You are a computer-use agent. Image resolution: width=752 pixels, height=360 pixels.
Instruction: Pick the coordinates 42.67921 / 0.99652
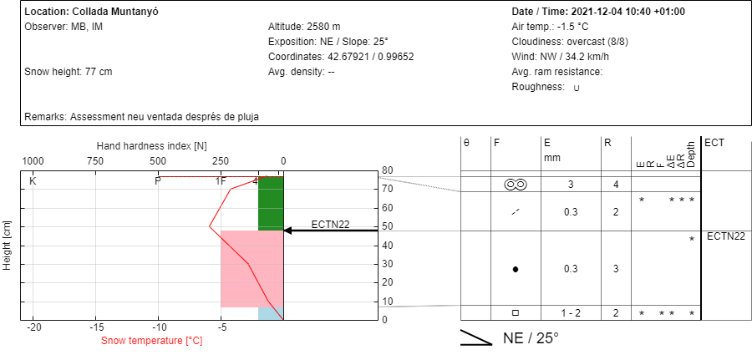point(370,57)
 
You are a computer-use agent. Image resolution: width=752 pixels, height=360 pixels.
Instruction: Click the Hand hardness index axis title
point(151,145)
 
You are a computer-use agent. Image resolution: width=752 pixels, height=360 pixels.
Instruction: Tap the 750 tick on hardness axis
point(95,160)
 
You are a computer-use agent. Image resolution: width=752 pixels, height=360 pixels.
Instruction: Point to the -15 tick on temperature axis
point(96,328)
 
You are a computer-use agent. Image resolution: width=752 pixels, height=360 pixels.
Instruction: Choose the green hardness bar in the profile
point(271,204)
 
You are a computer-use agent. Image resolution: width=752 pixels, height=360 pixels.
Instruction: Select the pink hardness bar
point(252,269)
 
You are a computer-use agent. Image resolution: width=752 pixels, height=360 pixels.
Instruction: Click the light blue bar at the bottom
point(271,313)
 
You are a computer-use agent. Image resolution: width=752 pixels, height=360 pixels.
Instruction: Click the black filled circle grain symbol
point(516,270)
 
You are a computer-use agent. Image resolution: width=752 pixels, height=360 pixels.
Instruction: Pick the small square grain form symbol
point(516,313)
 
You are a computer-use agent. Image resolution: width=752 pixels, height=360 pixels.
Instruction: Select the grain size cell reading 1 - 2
point(570,313)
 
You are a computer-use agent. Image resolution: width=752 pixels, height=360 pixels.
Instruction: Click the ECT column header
point(713,143)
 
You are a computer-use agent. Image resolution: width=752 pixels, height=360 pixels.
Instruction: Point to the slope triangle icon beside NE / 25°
point(476,337)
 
